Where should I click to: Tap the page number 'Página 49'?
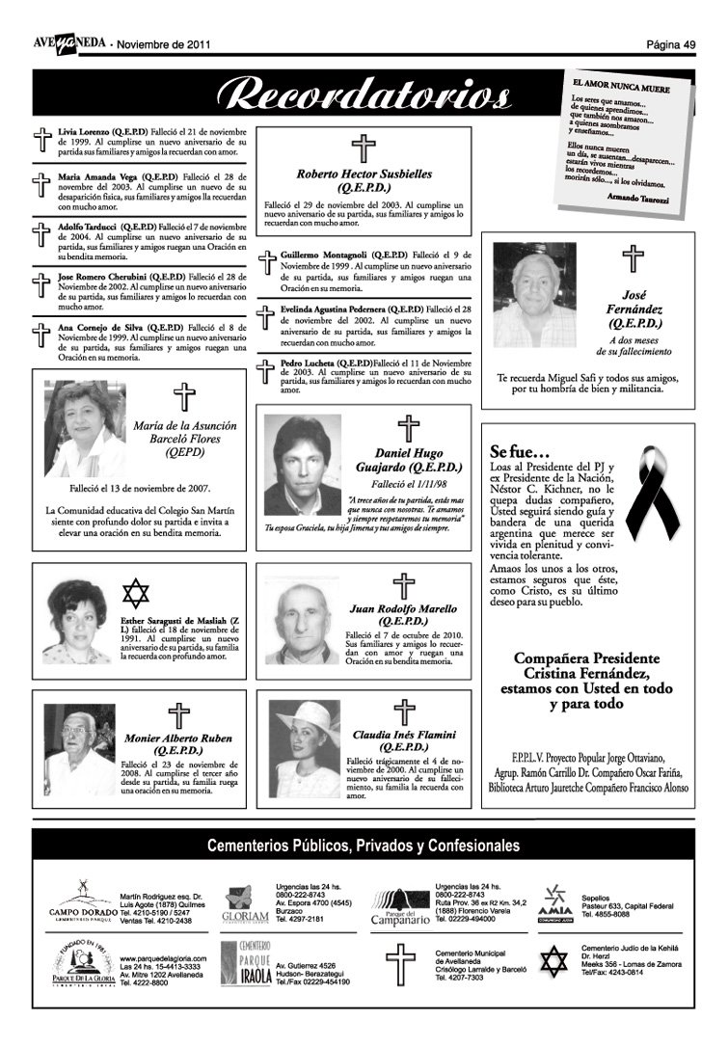pos(671,44)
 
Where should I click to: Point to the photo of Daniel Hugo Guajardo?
pos(303,466)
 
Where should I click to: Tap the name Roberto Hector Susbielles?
pos(364,174)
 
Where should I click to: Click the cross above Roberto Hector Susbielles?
pos(364,148)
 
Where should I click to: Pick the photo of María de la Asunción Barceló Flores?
pos(85,428)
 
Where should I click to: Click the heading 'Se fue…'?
pos(520,451)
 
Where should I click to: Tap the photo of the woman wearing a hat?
pos(305,748)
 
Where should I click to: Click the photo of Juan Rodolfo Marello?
pos(303,621)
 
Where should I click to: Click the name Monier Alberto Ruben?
pos(178,738)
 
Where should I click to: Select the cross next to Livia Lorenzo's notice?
pos(41,140)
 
